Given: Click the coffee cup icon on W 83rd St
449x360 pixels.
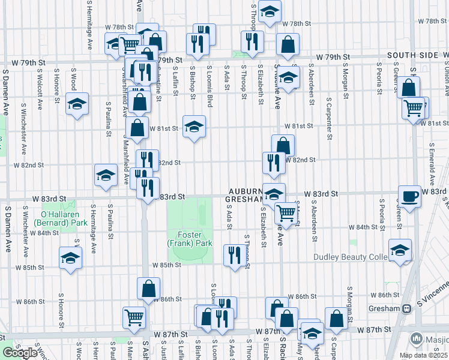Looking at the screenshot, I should point(409,196).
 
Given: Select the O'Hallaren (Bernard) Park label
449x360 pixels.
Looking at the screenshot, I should point(60,218).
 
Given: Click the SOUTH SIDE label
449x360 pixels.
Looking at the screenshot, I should point(414,55).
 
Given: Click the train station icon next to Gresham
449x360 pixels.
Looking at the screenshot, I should point(407,308).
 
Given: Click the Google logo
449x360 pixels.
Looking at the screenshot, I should point(20,353).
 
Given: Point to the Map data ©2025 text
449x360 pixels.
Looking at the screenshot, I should point(423,355).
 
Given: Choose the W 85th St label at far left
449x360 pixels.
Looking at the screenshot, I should point(28,266).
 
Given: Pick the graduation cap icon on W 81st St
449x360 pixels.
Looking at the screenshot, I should point(194,126).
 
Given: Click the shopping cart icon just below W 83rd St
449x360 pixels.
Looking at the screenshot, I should point(286,212).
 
